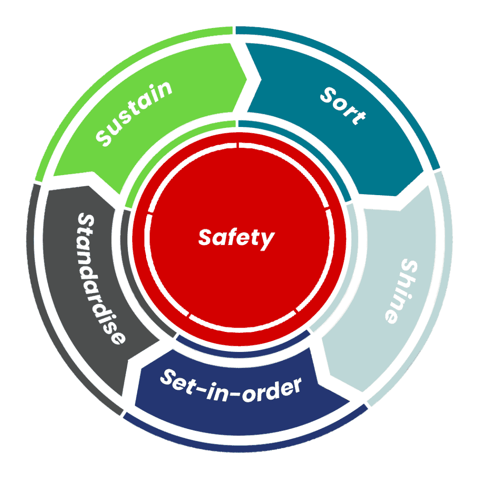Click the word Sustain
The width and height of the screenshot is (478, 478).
(x=134, y=112)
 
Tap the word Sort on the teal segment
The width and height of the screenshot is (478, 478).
(x=343, y=105)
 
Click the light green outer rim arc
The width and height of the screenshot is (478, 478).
(x=107, y=70)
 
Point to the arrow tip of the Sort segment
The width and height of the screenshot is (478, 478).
(x=422, y=177)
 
